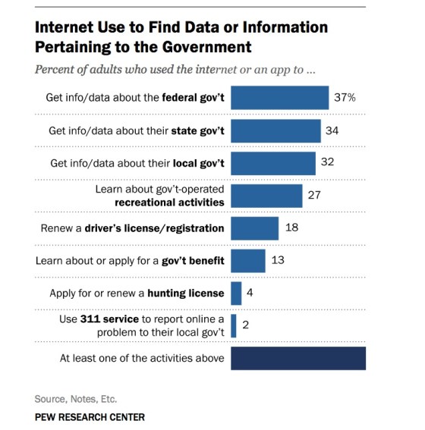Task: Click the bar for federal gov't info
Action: [x=279, y=99]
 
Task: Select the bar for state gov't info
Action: [x=275, y=130]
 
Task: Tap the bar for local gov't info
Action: [x=272, y=163]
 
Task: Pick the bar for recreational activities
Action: [x=266, y=196]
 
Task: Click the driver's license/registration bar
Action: [x=254, y=228]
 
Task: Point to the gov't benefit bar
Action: [x=247, y=260]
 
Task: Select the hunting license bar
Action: [x=236, y=293]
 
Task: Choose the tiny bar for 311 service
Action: [x=234, y=325]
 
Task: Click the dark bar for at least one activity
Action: [x=298, y=357]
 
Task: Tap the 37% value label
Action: [x=343, y=99]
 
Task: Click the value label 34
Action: [x=332, y=130]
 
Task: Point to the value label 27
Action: [x=315, y=196]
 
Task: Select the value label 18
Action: [x=291, y=228]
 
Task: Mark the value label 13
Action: [x=278, y=260]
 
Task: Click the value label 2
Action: [x=246, y=325]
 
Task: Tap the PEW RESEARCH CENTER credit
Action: [x=90, y=417]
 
